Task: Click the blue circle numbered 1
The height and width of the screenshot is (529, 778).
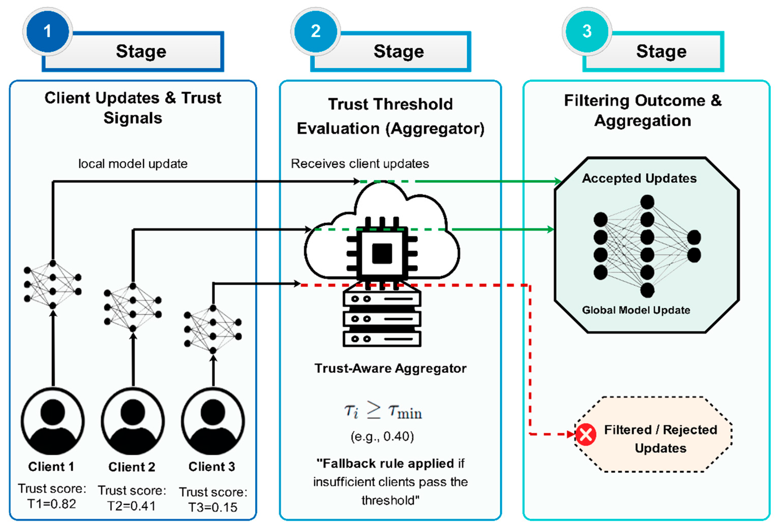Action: (x=47, y=31)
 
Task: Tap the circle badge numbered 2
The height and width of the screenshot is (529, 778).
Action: (x=315, y=31)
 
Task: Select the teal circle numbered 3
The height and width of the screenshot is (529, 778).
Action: (x=587, y=31)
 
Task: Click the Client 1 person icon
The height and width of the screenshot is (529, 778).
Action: (x=53, y=421)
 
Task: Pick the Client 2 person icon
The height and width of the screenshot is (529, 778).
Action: (x=133, y=421)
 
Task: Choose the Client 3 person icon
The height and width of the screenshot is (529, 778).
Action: (x=213, y=421)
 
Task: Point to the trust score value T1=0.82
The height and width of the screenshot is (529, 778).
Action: (x=52, y=504)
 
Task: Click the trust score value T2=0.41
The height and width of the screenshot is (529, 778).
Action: (x=132, y=506)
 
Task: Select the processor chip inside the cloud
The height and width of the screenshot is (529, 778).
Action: (x=382, y=253)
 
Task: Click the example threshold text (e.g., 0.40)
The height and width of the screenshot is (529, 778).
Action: (x=382, y=436)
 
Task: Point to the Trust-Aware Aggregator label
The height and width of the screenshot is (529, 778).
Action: (x=390, y=368)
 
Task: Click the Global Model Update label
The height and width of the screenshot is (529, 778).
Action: (x=636, y=310)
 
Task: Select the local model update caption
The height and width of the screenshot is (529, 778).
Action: (x=133, y=164)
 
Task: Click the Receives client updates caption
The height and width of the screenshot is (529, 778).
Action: (x=360, y=164)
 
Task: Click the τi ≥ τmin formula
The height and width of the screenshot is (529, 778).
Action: (x=383, y=411)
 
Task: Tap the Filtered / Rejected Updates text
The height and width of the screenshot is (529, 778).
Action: (x=660, y=439)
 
